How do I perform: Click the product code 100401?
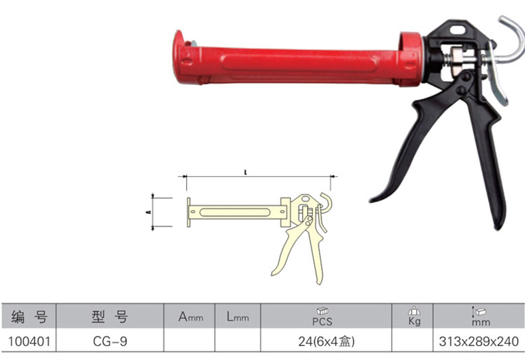click(x=29, y=341)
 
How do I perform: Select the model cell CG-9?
click(x=110, y=341)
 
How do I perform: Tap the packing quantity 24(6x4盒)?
click(x=326, y=341)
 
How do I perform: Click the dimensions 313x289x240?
click(x=478, y=341)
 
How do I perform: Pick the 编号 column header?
click(x=29, y=316)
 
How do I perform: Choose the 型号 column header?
click(x=110, y=316)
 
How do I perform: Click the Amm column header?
click(x=191, y=317)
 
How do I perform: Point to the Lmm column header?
click(x=238, y=317)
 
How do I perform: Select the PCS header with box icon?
click(x=322, y=317)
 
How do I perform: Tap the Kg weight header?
click(x=414, y=316)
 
